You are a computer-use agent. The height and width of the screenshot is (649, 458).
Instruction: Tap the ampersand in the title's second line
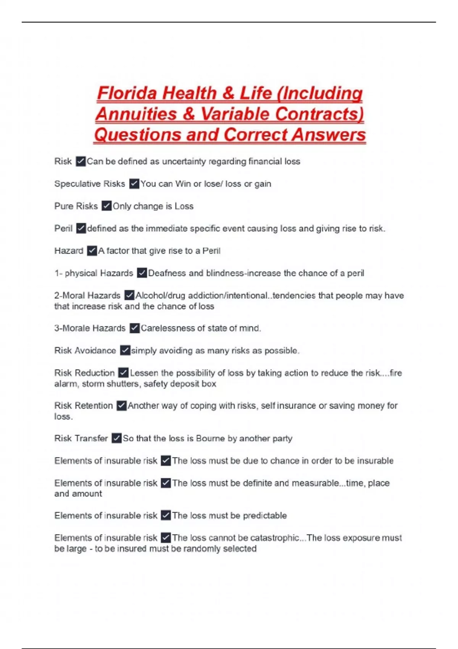tap(189, 114)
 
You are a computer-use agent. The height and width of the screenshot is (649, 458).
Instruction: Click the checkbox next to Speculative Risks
tap(134, 184)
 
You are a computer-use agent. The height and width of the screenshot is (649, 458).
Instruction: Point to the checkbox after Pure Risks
tap(106, 206)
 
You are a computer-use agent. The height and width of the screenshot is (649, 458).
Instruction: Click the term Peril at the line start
tap(63, 229)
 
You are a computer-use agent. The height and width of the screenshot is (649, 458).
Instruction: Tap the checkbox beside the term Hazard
tap(92, 251)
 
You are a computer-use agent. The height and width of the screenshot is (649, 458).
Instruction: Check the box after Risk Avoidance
tap(125, 350)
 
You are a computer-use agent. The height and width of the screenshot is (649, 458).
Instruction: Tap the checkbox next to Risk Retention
tap(121, 405)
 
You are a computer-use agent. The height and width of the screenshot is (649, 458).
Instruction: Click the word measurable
tap(315, 483)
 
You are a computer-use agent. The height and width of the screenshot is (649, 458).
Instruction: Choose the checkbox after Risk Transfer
tap(117, 438)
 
